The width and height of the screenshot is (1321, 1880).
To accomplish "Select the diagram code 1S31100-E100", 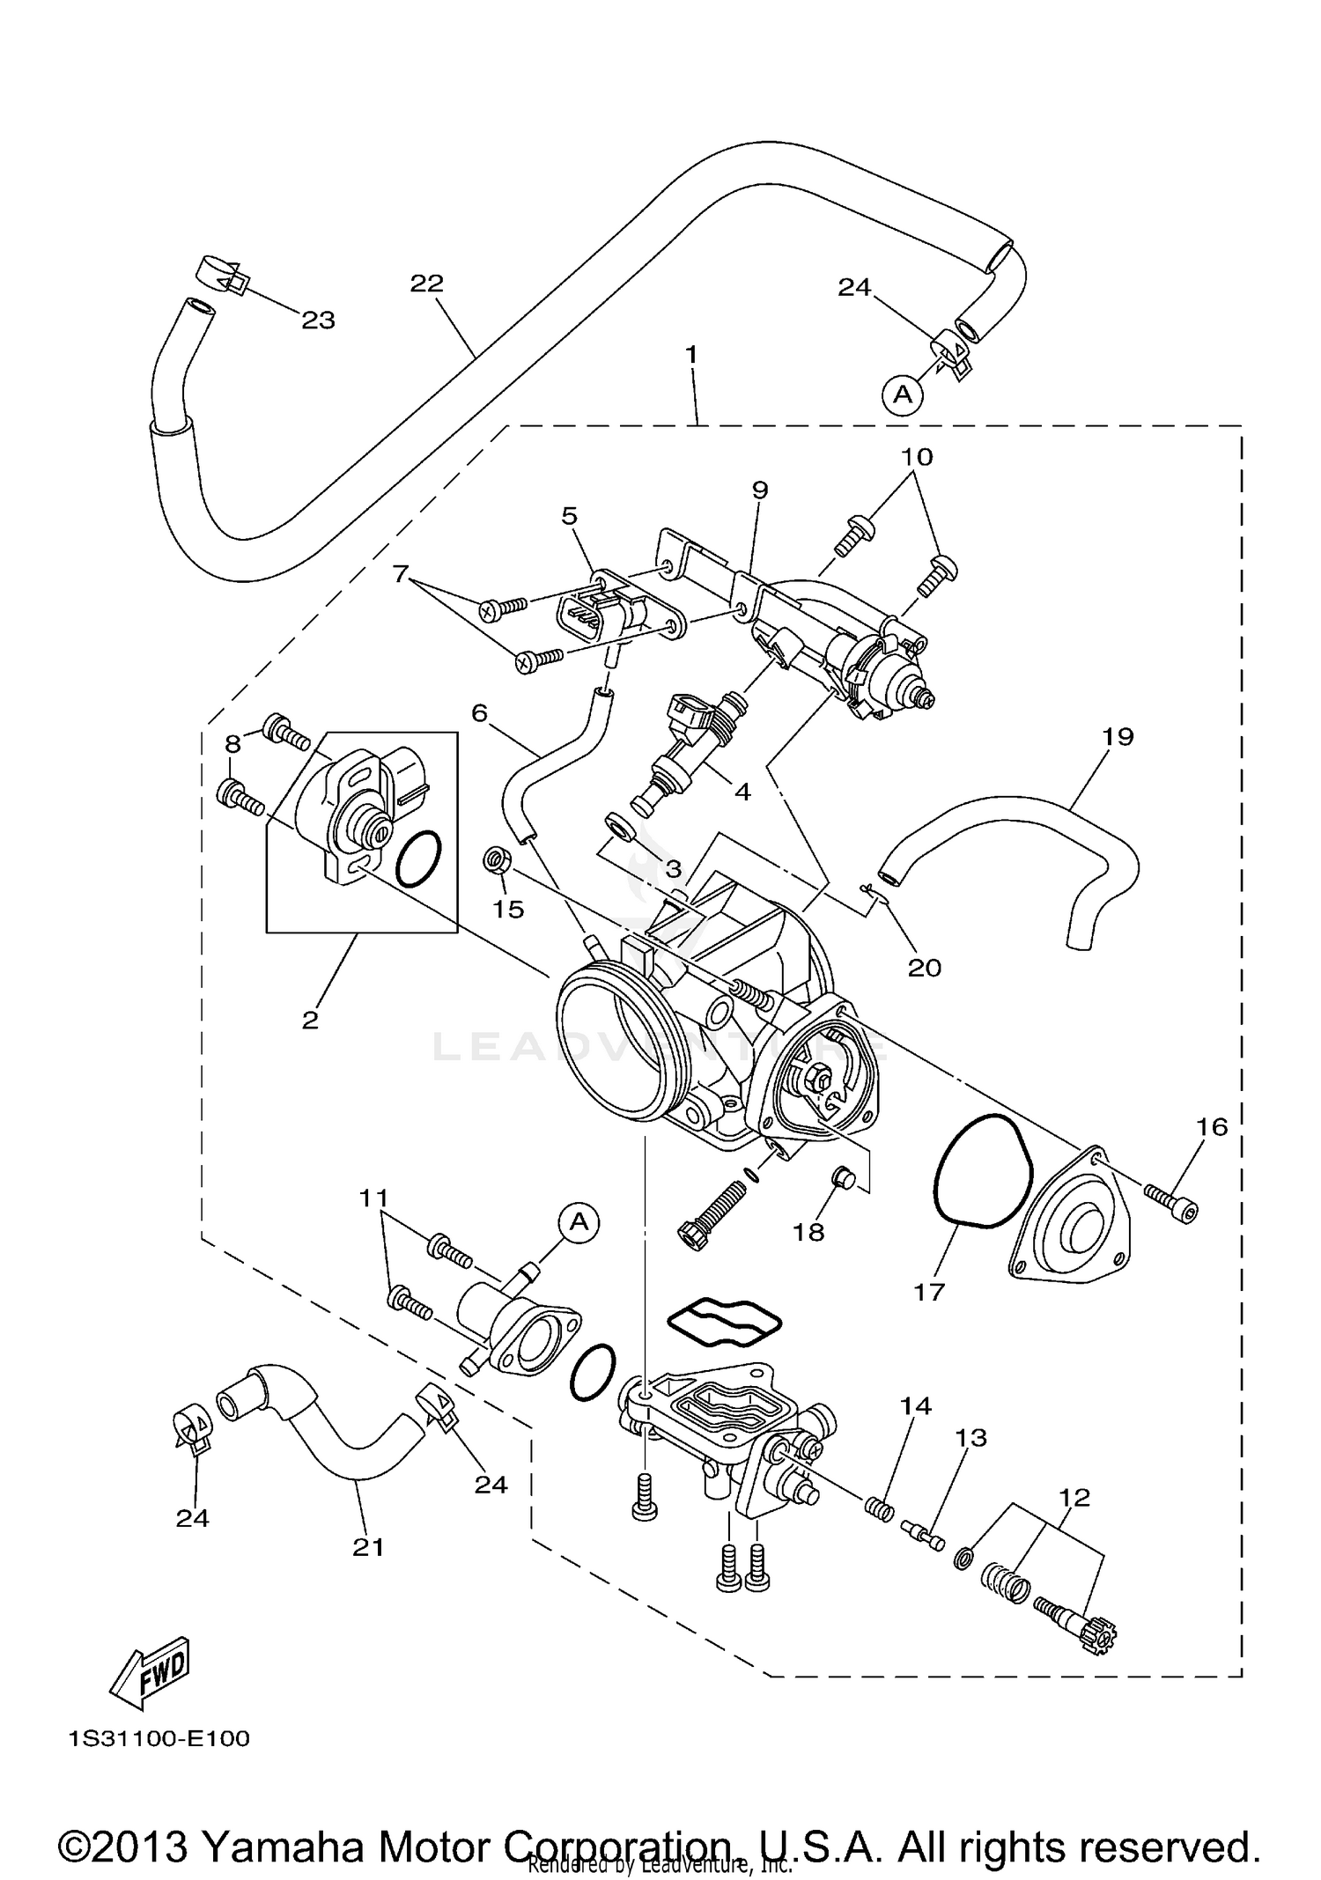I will tap(159, 1739).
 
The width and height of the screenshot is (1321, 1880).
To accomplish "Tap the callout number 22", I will tap(426, 284).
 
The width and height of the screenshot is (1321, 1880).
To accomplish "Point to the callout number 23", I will tap(318, 321).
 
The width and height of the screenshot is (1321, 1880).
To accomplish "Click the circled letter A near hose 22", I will tap(904, 394).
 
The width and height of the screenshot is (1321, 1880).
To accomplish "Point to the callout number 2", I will tap(310, 1020).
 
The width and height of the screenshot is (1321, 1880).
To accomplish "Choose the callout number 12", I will tap(1074, 1497).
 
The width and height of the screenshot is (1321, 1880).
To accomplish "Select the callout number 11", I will tap(373, 1198).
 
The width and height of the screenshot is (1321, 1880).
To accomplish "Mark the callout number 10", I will tap(916, 457).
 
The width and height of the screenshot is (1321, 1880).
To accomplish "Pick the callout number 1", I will tap(691, 355).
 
